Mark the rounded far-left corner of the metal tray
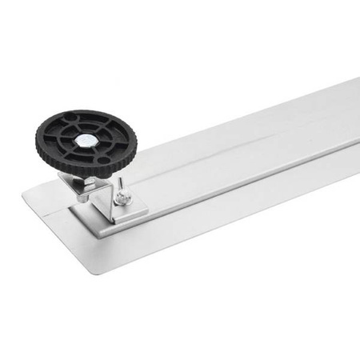point(23,192)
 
